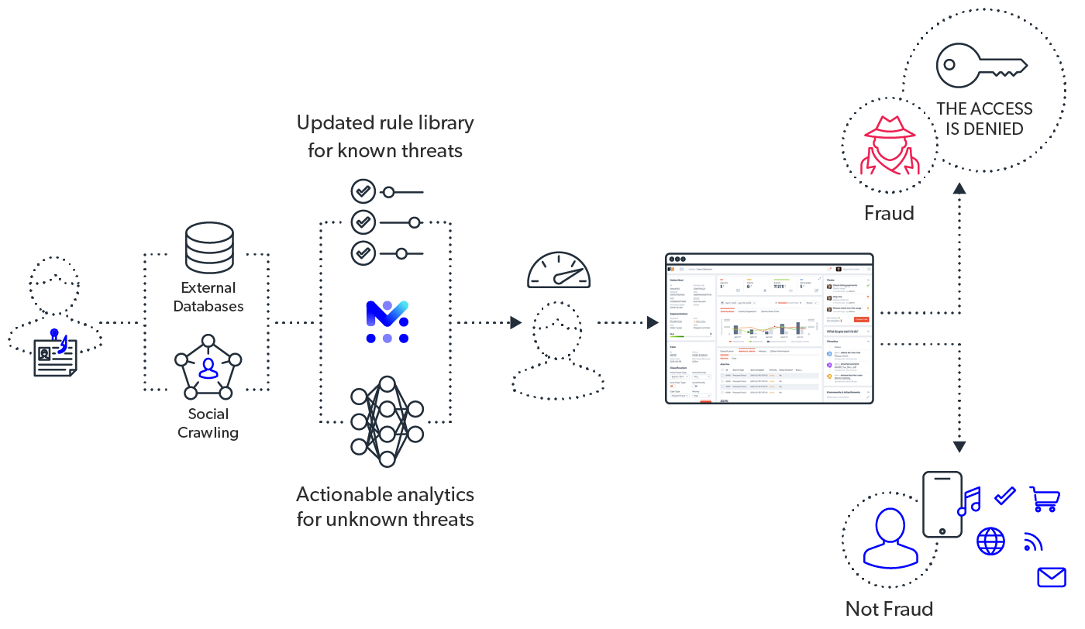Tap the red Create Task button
pyautogui.click(x=862, y=319)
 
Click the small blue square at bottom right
pyautogui.click(x=1052, y=580)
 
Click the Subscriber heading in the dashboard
pyautogui.click(x=677, y=280)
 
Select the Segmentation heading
pyautogui.click(x=679, y=314)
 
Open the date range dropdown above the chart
pyautogui.click(x=739, y=303)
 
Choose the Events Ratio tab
pyautogui.click(x=727, y=311)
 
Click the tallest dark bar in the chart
pyautogui.click(x=797, y=328)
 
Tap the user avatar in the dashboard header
pyautogui.click(x=839, y=269)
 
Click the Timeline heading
pyautogui.click(x=832, y=342)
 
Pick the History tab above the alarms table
pyautogui.click(x=762, y=351)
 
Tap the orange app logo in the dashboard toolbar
pyautogui.click(x=671, y=269)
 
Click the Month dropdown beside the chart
pyautogui.click(x=811, y=303)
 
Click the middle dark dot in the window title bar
pyautogui.click(x=677, y=259)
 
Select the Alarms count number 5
pyautogui.click(x=721, y=287)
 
